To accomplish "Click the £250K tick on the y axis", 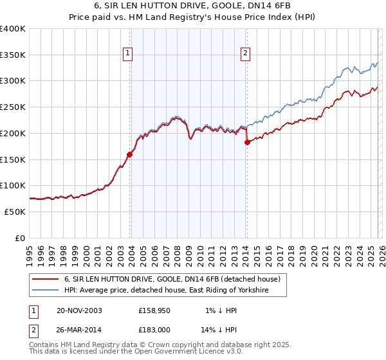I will click(14, 107).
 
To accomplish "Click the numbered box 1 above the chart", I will click(128, 54).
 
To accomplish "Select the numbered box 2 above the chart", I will click(246, 54).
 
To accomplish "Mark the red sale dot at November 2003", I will click(130, 154).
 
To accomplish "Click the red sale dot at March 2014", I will click(247, 142).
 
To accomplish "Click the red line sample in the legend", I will click(45, 280).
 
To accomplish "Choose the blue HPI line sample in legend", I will click(45, 291).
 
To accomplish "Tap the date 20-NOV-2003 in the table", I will click(79, 310).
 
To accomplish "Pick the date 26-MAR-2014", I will click(80, 329).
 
